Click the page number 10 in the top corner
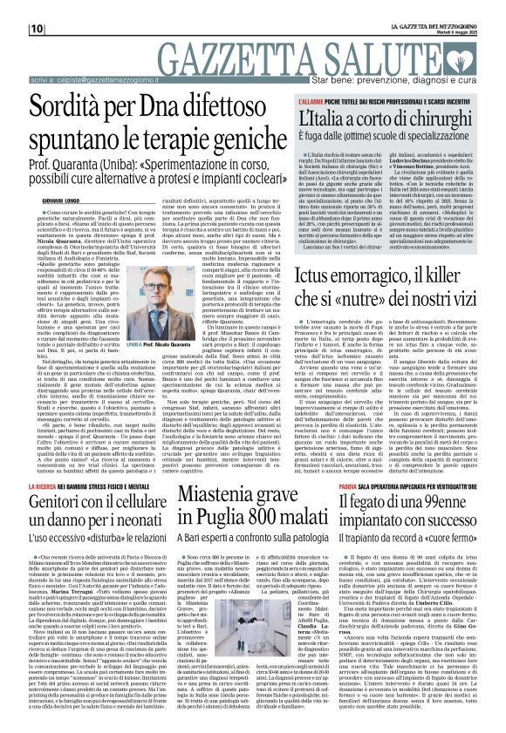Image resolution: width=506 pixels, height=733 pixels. pos(12,6)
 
